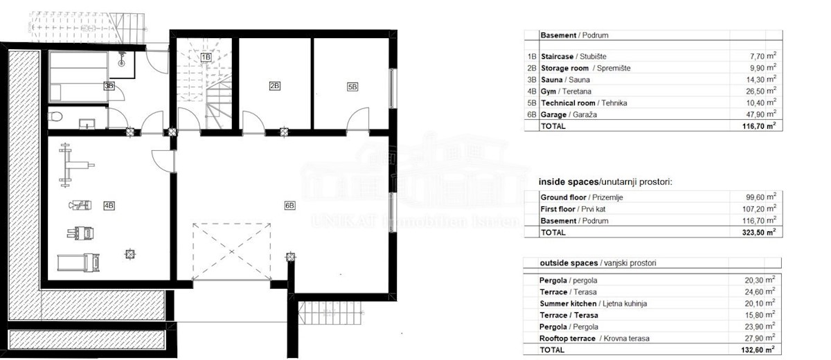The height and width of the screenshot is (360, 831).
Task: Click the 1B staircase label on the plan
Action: [206, 57]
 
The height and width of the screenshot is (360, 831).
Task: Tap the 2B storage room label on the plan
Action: [274, 86]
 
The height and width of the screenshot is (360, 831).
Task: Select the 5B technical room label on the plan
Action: [352, 87]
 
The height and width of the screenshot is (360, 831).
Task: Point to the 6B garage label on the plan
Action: [289, 206]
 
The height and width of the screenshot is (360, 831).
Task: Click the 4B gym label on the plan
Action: [109, 206]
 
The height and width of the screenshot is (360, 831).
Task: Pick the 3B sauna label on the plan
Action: [109, 86]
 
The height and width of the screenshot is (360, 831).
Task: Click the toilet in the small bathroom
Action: [55, 117]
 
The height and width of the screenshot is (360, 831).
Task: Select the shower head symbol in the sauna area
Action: [121, 60]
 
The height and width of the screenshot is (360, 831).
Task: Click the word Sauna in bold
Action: [552, 80]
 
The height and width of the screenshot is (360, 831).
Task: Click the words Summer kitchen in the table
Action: [568, 304]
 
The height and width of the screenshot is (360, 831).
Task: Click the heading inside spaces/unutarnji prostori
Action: [605, 182]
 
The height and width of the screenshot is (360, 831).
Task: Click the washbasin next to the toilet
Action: [87, 124]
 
